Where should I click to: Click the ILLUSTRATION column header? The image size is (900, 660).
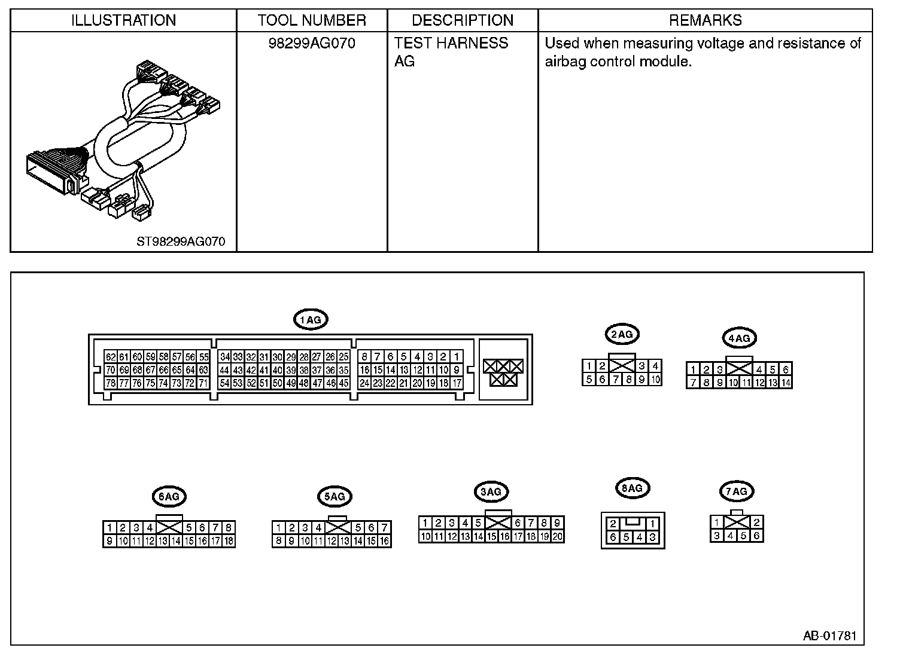(x=123, y=20)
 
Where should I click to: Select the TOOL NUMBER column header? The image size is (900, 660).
(x=312, y=20)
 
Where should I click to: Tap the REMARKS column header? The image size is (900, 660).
(x=705, y=20)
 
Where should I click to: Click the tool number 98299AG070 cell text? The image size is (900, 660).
(x=312, y=44)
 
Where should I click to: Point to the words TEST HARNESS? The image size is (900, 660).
(x=451, y=44)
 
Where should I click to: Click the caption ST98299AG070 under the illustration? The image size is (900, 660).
(x=181, y=242)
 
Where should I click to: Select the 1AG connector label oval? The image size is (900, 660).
(x=311, y=320)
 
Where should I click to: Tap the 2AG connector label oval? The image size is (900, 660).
(x=622, y=334)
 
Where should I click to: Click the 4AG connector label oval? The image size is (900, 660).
(x=738, y=338)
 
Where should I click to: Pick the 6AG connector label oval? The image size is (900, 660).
(x=169, y=496)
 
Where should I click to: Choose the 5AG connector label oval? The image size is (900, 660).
(x=334, y=496)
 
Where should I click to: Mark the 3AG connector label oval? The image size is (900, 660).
(x=491, y=492)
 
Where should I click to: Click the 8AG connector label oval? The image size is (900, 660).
(x=632, y=488)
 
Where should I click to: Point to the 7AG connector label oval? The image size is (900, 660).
(x=736, y=491)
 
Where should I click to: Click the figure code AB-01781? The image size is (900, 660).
(x=829, y=635)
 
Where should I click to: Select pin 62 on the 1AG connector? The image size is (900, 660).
(x=110, y=357)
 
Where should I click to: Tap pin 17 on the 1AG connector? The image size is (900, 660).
(x=457, y=383)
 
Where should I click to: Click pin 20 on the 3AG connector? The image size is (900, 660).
(x=557, y=536)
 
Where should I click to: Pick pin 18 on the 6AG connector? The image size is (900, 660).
(x=228, y=541)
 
